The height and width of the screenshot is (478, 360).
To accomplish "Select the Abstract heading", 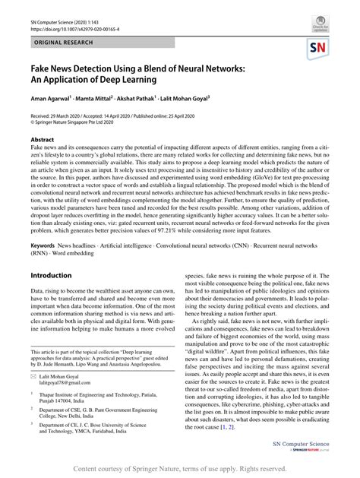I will (x=42, y=141).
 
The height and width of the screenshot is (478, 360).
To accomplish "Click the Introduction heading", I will (x=51, y=276).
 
